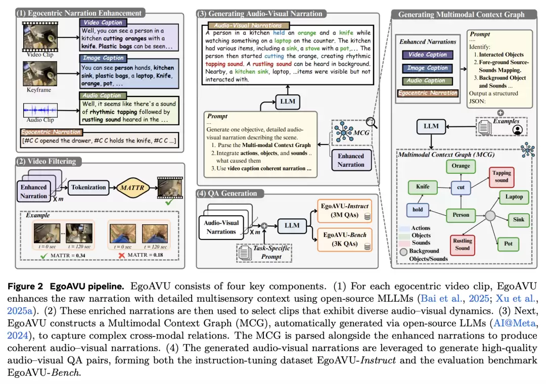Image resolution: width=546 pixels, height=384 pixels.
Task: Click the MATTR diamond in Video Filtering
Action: pos(128,187)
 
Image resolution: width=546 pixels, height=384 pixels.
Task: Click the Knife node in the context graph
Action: pos(423,187)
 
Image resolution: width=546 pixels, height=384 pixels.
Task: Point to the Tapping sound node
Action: pos(502,176)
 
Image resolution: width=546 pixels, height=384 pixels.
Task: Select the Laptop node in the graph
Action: pos(514,197)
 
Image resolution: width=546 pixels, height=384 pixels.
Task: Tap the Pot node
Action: pos(508,244)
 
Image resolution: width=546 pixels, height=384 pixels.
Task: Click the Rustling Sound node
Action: pos(462,245)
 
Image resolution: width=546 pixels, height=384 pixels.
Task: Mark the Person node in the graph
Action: pos(461,215)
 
